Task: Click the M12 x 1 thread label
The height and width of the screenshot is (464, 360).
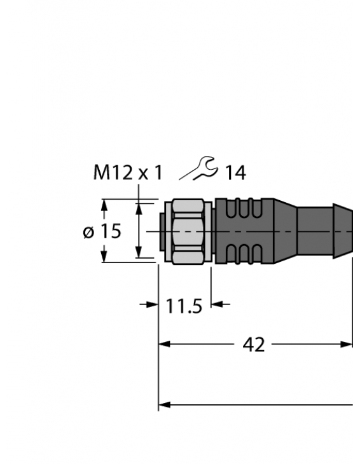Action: tap(128, 173)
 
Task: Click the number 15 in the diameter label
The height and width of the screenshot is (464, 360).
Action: tap(111, 231)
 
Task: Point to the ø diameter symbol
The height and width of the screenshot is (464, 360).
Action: tap(90, 233)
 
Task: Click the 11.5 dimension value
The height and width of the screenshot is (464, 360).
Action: tap(184, 306)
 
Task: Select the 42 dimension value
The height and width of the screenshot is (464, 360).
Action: tap(254, 345)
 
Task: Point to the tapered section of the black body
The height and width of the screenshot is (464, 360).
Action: tap(284, 231)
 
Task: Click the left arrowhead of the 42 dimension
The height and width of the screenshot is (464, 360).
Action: tap(164, 345)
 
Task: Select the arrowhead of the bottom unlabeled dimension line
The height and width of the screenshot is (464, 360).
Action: tap(164, 404)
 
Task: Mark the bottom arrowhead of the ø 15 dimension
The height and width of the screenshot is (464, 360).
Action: tap(139, 254)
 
